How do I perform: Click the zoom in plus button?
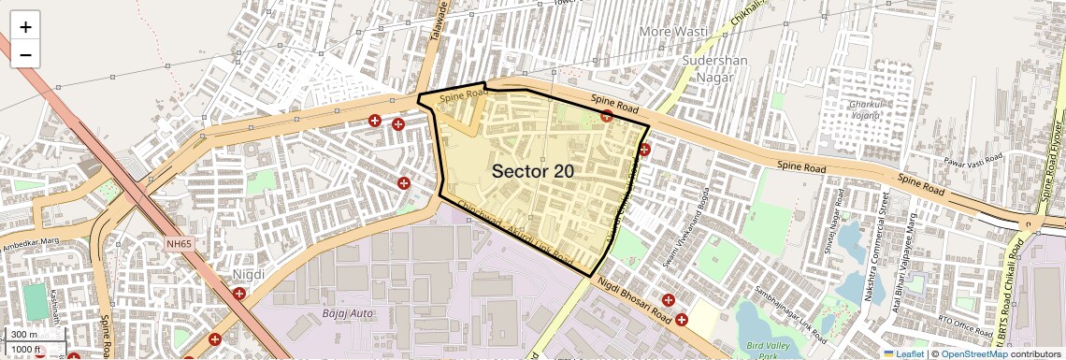click(x=25, y=27)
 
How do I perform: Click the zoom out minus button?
click(x=25, y=55)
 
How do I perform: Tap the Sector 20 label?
click(x=532, y=171)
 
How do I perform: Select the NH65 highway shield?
click(x=179, y=243)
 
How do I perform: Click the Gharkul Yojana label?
click(x=864, y=109)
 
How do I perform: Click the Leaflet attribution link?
click(x=903, y=353)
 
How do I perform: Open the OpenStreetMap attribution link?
click(x=974, y=353)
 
